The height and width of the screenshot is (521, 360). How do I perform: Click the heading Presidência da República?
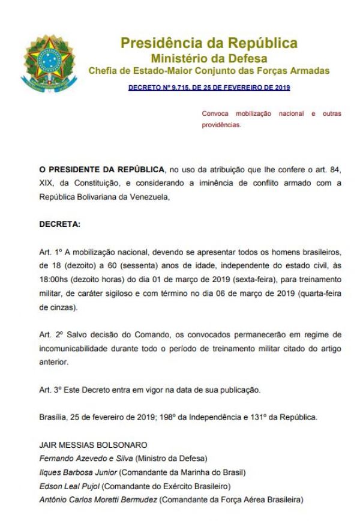(209, 44)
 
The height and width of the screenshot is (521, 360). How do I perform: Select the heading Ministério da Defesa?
(209, 58)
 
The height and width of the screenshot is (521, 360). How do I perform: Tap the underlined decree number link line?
(209, 88)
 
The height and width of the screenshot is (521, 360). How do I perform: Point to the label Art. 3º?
(47, 390)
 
